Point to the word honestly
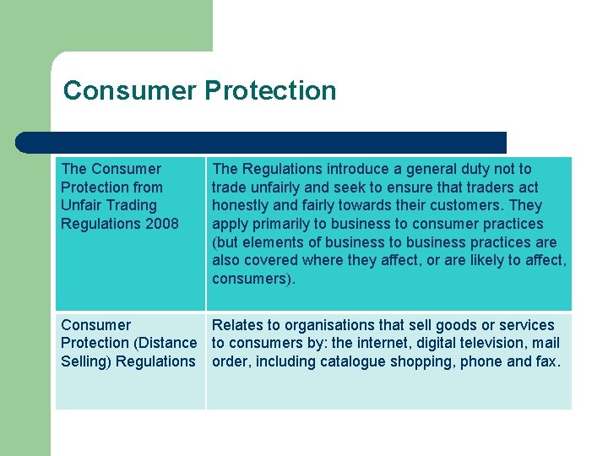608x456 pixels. click(x=241, y=205)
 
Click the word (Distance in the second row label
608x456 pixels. click(x=165, y=343)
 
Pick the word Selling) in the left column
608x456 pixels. click(x=86, y=361)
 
